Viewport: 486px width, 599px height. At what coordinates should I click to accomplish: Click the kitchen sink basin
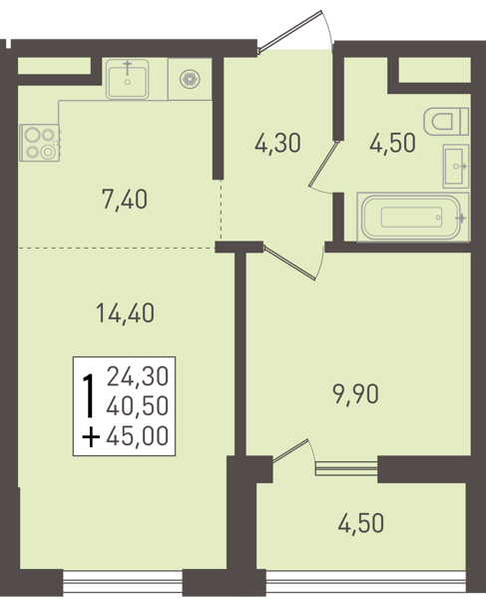pos(127,79)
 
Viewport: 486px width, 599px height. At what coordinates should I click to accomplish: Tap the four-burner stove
pos(40,143)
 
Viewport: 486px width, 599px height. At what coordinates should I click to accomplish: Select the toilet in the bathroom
pos(446,122)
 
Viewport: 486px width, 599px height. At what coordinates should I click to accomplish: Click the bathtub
pos(413,217)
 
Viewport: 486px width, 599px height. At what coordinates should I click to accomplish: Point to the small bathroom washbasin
pos(456,166)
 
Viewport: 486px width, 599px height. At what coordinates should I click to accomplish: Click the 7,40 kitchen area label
pos(125,200)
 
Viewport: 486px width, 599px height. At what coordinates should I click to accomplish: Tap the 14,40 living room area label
pos(125,312)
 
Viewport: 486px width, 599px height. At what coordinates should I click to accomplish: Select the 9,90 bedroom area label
pos(356,394)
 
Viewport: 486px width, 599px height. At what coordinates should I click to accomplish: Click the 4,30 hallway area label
pos(277,144)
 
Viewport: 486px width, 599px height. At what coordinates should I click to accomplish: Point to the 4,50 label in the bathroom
pos(392,144)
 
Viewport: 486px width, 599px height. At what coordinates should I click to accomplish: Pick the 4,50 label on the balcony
pos(361,523)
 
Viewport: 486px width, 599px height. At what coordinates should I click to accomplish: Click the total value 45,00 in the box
pos(138,436)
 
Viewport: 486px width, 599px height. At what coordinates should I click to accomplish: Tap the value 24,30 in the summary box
pos(138,376)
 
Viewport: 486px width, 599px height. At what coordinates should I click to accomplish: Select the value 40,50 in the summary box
pos(138,406)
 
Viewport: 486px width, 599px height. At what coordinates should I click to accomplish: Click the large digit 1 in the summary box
pos(89,395)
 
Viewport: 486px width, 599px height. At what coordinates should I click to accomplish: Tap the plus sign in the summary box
pos(91,436)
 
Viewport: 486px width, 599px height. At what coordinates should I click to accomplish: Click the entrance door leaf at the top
pos(290,31)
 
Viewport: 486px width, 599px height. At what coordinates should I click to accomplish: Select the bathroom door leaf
pos(324,165)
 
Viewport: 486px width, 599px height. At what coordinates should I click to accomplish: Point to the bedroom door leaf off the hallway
pos(289,264)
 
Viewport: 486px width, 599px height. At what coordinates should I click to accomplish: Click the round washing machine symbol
pos(190,80)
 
